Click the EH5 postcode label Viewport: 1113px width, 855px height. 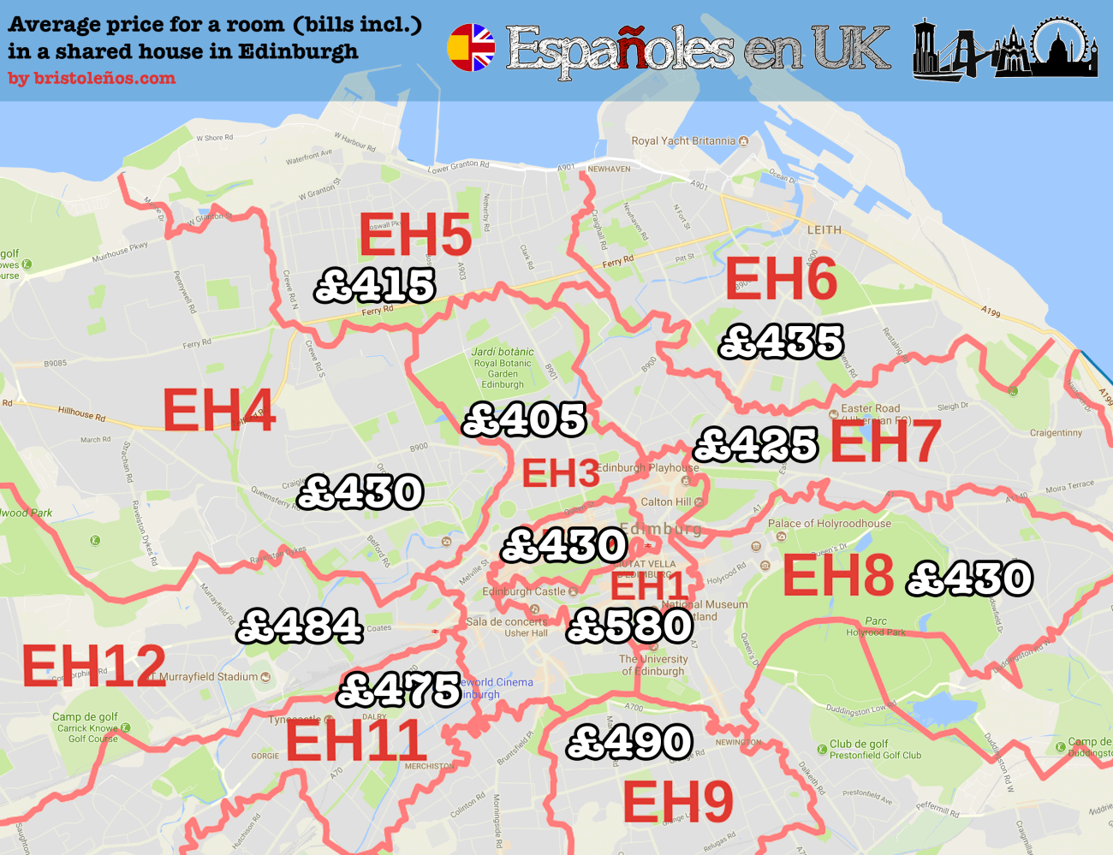pyautogui.click(x=415, y=235)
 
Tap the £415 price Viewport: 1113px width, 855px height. pyautogui.click(x=375, y=286)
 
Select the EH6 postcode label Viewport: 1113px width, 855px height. pyautogui.click(x=781, y=279)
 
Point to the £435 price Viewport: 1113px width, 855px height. pyautogui.click(x=782, y=341)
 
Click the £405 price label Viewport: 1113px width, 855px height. pyautogui.click(x=524, y=419)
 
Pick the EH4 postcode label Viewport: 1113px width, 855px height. pyautogui.click(x=219, y=410)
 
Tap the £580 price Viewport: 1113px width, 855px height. pyautogui.click(x=630, y=626)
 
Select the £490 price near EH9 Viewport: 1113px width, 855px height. pyautogui.click(x=630, y=742)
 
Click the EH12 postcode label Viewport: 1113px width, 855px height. pyautogui.click(x=94, y=666)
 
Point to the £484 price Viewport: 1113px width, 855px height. pyautogui.click(x=300, y=626)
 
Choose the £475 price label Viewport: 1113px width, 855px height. pyautogui.click(x=400, y=690)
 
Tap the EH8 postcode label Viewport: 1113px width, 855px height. pyautogui.click(x=838, y=575)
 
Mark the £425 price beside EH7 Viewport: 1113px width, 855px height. pyautogui.click(x=756, y=444)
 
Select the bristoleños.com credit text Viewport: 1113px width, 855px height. pyautogui.click(x=92, y=78)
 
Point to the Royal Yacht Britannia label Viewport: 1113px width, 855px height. pyautogui.click(x=683, y=140)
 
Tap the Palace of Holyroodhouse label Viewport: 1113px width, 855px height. pyautogui.click(x=829, y=523)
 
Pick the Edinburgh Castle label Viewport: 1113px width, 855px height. pyautogui.click(x=524, y=591)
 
